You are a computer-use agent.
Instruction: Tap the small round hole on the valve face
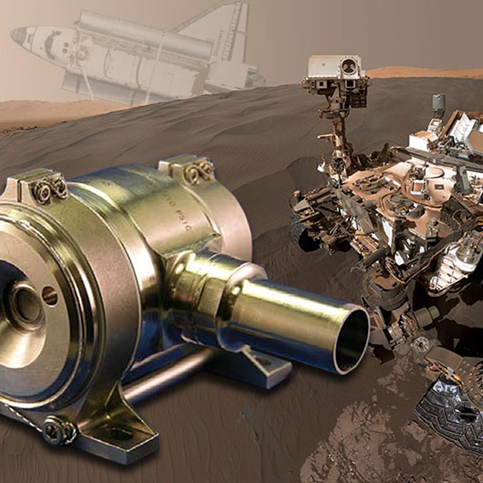click(x=49, y=296)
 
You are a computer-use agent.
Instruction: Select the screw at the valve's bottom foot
click(x=60, y=431)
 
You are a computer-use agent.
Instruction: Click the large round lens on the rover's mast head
click(x=348, y=66)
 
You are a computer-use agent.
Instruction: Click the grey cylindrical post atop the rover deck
click(x=438, y=104)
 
